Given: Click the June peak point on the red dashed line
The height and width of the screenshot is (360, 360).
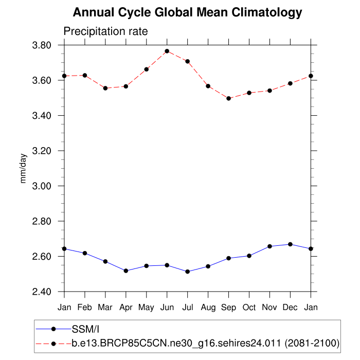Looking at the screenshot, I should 167,51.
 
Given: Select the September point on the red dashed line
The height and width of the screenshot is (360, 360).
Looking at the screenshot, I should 229,98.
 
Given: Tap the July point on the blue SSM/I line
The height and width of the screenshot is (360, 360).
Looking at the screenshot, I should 188,272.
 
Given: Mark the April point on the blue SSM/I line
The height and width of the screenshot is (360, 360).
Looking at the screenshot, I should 126,271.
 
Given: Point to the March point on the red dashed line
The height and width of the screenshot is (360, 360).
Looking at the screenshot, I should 105,88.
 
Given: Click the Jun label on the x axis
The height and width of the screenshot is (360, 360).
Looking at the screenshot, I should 167,308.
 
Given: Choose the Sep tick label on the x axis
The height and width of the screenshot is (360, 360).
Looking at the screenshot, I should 229,308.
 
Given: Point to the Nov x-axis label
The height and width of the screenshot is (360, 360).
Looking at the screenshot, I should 270,308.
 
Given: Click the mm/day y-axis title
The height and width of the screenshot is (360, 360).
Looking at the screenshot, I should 24,169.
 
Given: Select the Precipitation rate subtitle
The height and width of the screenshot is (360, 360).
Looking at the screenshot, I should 105,31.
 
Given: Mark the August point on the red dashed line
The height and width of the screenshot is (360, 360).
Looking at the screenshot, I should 208,86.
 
